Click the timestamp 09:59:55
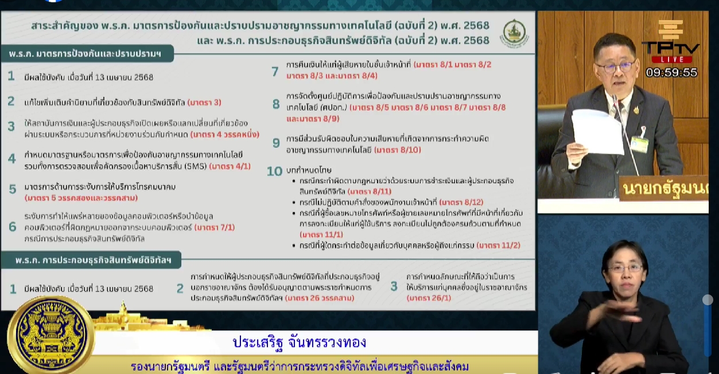click(671, 73)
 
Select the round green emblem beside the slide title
click(514, 33)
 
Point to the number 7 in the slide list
click(275, 71)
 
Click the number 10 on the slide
click(275, 171)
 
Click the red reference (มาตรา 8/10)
click(398, 150)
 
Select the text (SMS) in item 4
click(195, 167)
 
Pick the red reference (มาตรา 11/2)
click(498, 246)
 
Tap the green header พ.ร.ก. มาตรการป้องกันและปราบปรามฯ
click(84, 53)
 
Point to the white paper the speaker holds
click(597, 131)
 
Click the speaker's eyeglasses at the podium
click(615, 66)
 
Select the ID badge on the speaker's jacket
click(639, 143)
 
